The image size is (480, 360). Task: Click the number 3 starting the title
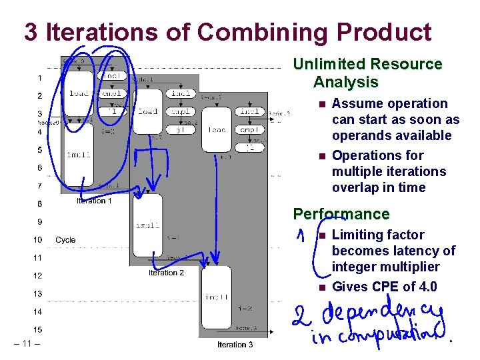(31, 31)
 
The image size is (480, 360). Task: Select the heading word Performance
(341, 214)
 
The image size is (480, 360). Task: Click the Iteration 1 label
(94, 201)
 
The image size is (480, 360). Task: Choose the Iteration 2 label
(166, 273)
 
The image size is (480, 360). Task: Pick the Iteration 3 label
(235, 345)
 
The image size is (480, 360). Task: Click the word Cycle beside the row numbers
(65, 239)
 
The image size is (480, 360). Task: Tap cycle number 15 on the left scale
(39, 329)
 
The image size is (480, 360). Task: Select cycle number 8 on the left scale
(39, 204)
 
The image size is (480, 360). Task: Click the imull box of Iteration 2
(147, 225)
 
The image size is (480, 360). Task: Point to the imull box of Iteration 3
(217, 297)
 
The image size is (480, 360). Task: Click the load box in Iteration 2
(147, 111)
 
